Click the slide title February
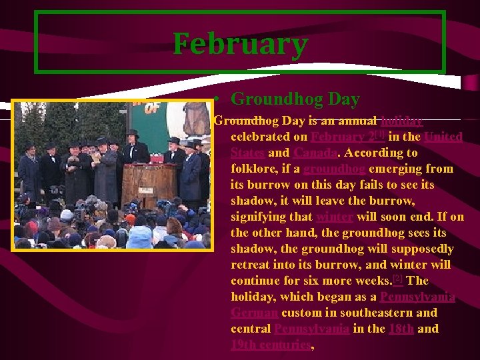coord(240,44)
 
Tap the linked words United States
coord(347,145)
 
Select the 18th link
coord(401,329)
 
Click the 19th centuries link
coord(271,345)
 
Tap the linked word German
coord(254,313)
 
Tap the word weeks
coord(373,281)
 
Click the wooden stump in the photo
coord(147,184)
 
